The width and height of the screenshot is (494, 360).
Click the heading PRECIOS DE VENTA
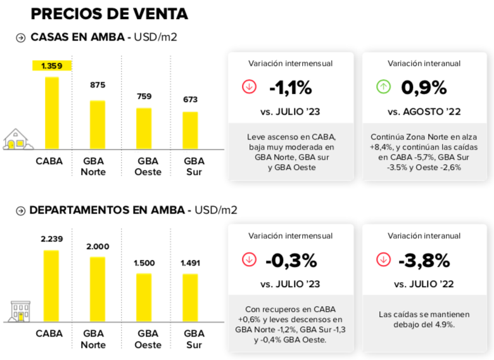coord(109,13)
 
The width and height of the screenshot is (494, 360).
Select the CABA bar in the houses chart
coord(52,113)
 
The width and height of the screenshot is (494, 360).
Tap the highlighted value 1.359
coord(52,65)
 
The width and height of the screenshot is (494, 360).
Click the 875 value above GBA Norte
coord(98,85)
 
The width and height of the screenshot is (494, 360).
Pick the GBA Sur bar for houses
coord(190,130)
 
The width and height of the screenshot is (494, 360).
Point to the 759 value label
coord(144,96)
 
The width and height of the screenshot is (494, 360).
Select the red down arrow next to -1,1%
coord(250,87)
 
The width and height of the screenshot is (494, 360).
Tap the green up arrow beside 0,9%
coord(383,87)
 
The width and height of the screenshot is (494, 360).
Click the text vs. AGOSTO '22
coord(424,112)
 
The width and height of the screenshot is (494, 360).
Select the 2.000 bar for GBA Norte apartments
coord(98,288)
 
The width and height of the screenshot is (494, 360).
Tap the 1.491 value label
coord(190,263)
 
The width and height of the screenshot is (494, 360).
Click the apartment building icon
coord(20,311)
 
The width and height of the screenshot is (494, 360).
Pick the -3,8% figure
coord(424,260)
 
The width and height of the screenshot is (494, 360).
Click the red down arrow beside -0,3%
coord(250,260)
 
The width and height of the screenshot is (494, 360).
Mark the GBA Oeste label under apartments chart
coord(148,339)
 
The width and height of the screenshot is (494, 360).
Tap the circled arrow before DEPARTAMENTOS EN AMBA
coord(21,210)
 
